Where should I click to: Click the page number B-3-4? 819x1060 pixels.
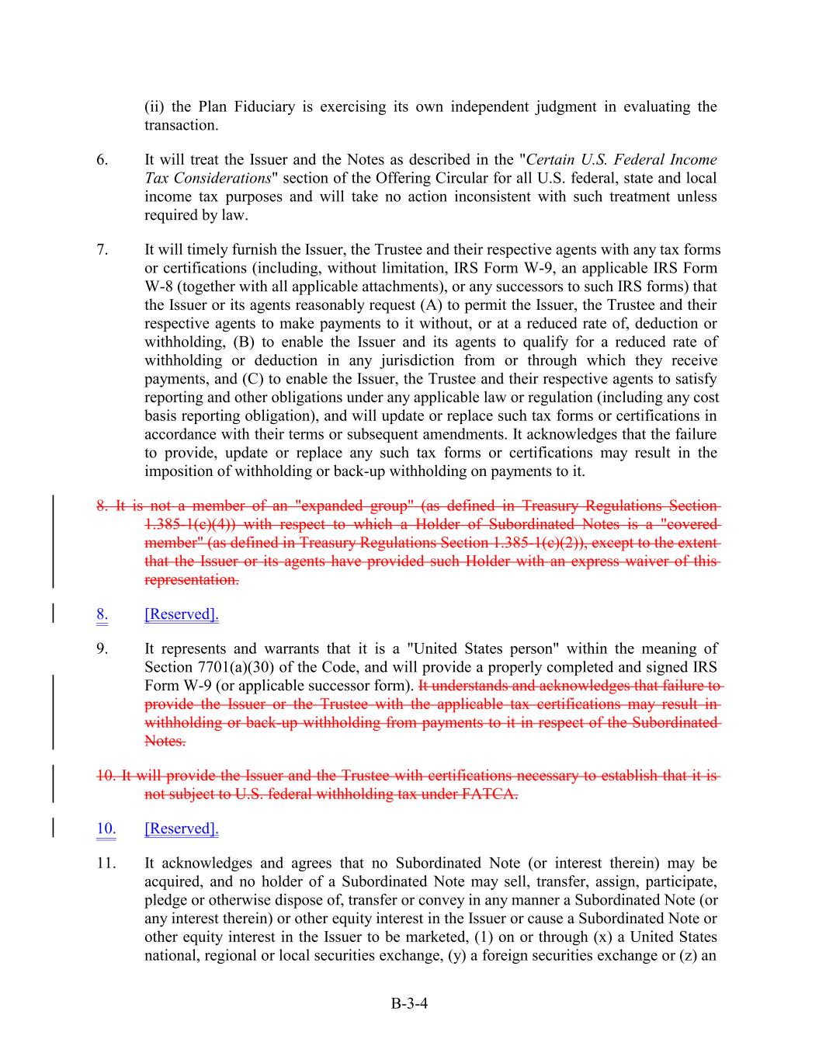click(409, 1003)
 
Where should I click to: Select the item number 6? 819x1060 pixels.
click(102, 160)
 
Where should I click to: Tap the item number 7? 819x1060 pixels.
click(102, 250)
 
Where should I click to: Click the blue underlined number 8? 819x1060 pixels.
click(102, 614)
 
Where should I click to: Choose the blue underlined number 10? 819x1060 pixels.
click(106, 829)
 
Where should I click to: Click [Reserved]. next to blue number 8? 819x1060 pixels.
click(182, 614)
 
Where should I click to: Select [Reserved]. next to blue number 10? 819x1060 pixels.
click(182, 829)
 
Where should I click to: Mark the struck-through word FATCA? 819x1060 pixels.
click(491, 794)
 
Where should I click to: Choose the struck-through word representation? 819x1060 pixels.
click(192, 580)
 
